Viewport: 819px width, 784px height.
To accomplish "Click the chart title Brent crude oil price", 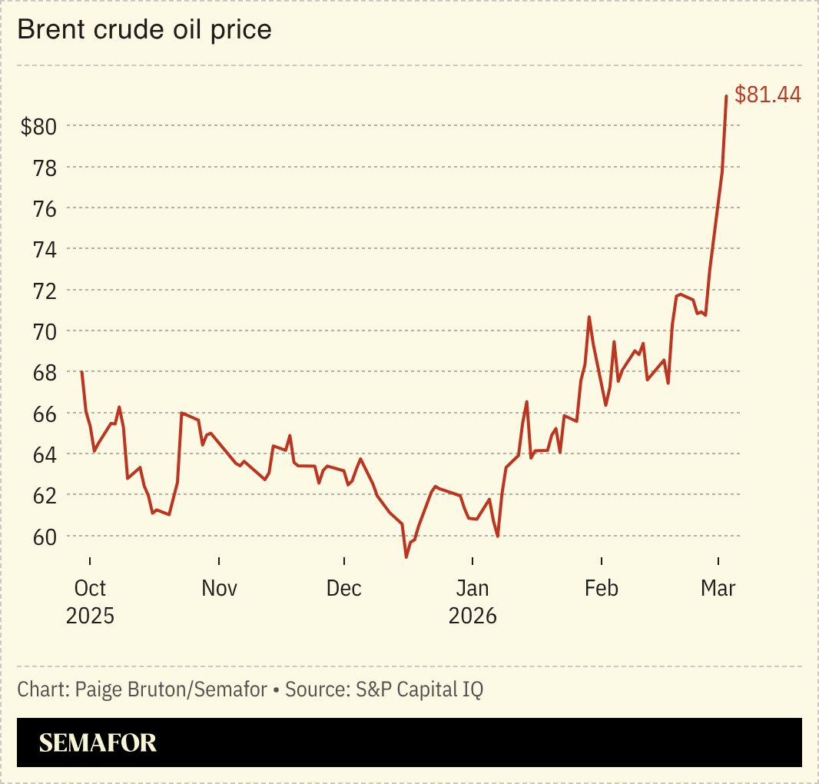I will [x=144, y=30].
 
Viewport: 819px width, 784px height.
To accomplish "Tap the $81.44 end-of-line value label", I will [x=768, y=95].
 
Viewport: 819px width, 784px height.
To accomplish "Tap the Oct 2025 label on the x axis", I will [x=90, y=602].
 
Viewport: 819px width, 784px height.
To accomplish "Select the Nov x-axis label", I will [x=219, y=589].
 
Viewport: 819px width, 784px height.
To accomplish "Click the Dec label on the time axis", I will [x=343, y=589].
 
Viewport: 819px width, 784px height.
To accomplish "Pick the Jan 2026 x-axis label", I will [x=472, y=602].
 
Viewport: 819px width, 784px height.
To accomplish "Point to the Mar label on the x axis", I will [x=718, y=589].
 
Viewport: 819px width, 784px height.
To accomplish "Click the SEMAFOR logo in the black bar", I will [x=98, y=742].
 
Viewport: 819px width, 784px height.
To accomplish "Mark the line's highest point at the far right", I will [x=726, y=96].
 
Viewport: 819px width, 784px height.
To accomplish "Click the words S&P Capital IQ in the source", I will [x=419, y=689].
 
